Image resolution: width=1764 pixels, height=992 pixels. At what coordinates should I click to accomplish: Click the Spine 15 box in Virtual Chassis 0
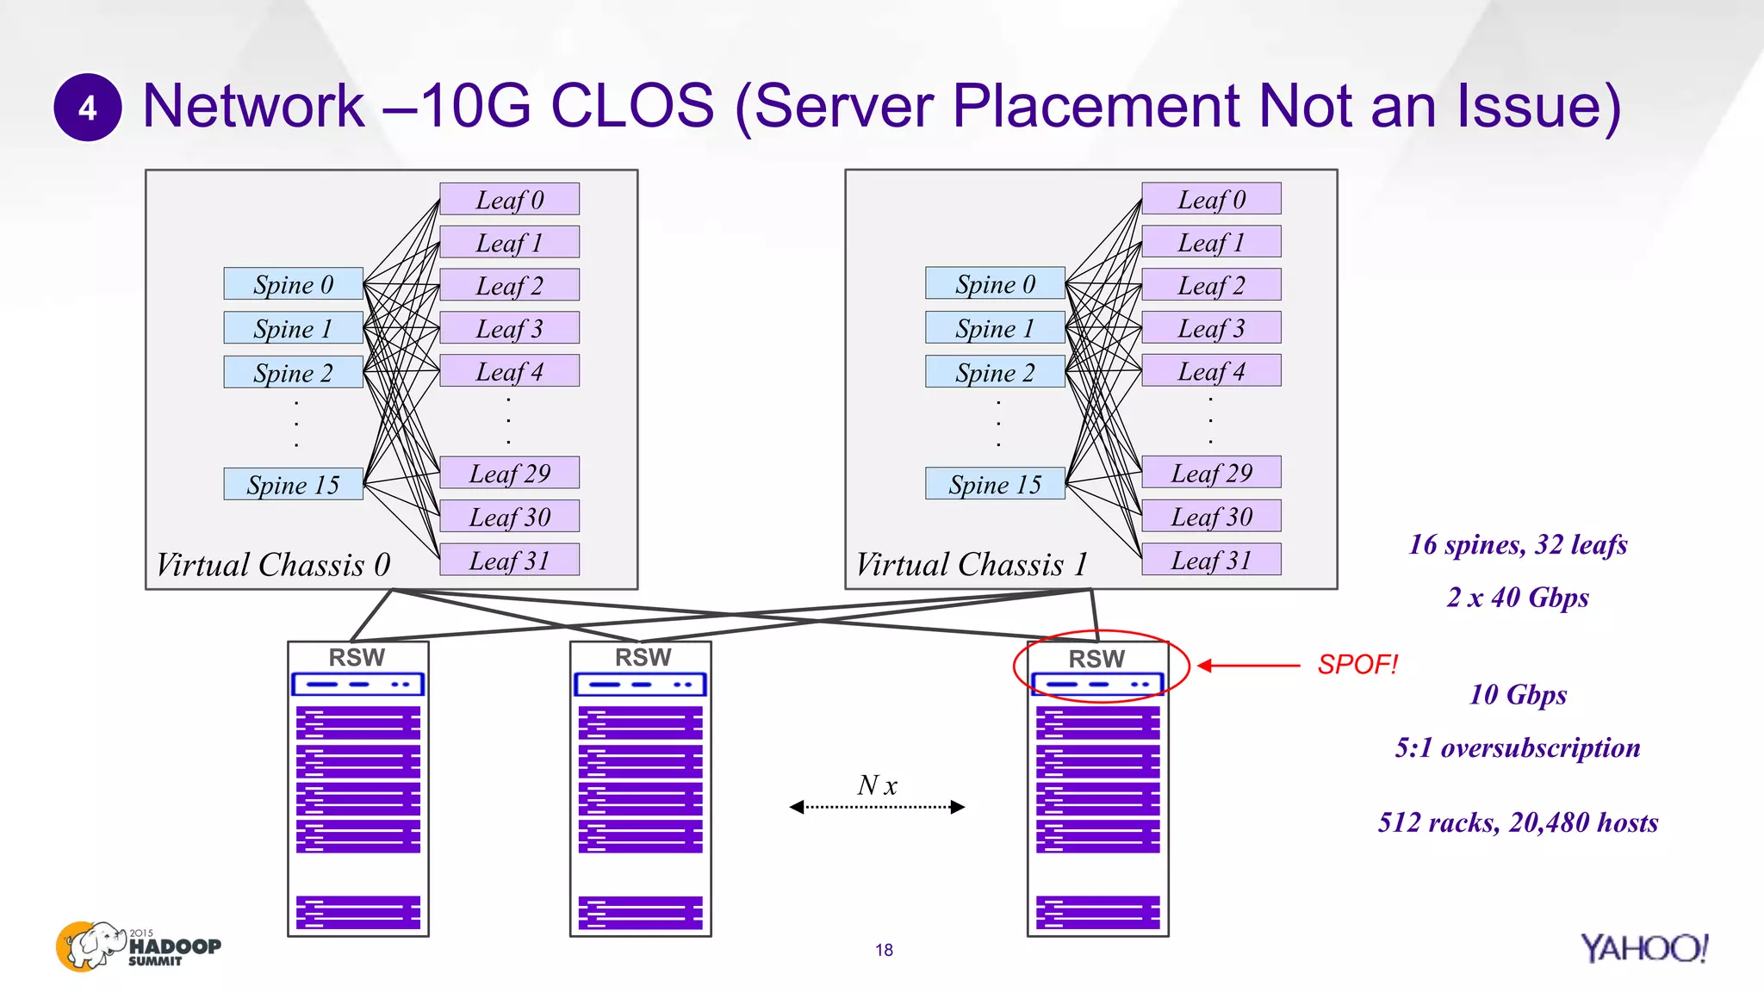(293, 484)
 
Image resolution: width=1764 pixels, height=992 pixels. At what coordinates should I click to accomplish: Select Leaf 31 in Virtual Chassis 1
(1211, 560)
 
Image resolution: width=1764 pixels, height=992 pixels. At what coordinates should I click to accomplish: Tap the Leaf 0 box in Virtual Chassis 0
(509, 199)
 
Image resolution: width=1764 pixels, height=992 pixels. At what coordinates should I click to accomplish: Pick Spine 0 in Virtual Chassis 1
(995, 283)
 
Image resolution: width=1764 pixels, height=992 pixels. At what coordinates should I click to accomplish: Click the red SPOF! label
(1357, 665)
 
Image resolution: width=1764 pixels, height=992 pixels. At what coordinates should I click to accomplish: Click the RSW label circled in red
(1096, 659)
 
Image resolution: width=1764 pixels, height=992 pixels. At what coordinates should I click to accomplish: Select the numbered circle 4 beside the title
(88, 108)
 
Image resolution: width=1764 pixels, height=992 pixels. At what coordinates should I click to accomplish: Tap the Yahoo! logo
(1643, 948)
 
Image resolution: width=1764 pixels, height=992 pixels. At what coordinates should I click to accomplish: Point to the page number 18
(884, 950)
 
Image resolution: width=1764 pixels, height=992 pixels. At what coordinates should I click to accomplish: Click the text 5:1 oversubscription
(1518, 747)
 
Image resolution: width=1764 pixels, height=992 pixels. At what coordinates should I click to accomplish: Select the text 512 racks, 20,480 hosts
(1518, 822)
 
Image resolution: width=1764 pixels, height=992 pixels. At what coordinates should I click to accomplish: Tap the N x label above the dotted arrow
(877, 784)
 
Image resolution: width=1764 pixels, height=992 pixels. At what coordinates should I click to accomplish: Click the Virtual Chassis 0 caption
(273, 565)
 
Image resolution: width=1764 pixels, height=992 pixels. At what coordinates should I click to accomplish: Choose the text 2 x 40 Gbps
(1518, 597)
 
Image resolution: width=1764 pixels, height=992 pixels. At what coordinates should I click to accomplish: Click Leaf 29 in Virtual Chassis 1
(1211, 473)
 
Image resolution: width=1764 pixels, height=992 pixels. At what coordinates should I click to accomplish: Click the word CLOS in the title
(632, 107)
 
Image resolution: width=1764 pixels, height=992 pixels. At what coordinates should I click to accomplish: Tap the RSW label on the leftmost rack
(357, 657)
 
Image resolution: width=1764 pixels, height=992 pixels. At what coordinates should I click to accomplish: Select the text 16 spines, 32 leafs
(1518, 544)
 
